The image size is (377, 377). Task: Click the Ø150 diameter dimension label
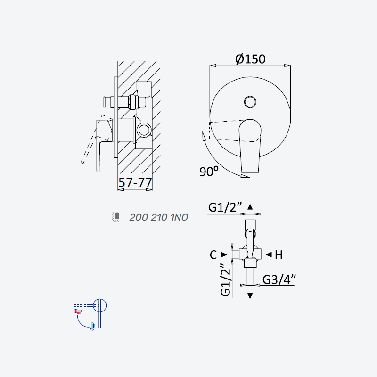pyautogui.click(x=250, y=59)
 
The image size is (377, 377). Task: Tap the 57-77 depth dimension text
pyautogui.click(x=135, y=182)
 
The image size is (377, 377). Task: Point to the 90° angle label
pyautogui.click(x=209, y=171)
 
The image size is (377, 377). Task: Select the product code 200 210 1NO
pyautogui.click(x=159, y=217)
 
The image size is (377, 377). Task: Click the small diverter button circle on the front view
pyautogui.click(x=250, y=102)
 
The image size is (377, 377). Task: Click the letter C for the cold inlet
pyautogui.click(x=213, y=255)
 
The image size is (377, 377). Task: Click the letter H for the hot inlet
pyautogui.click(x=279, y=255)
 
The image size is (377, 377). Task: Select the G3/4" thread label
pyautogui.click(x=279, y=279)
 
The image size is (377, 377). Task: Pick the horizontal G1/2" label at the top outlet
pyautogui.click(x=225, y=207)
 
